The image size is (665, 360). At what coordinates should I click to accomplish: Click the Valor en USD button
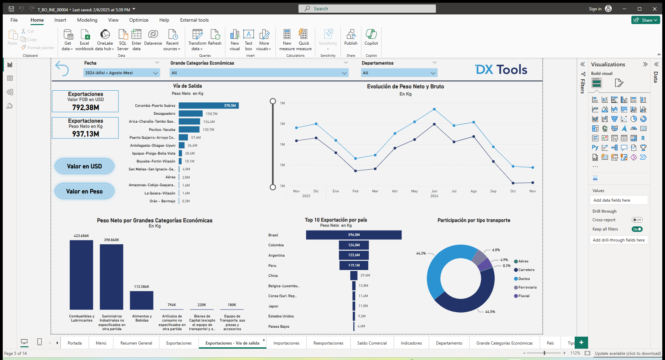[x=84, y=166]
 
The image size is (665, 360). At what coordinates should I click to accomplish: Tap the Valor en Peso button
[x=84, y=191]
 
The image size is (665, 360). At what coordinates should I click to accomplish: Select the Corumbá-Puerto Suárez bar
[x=208, y=105]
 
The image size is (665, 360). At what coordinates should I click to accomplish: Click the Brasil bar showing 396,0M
[x=353, y=235]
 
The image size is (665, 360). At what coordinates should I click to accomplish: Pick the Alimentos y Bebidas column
[x=142, y=300]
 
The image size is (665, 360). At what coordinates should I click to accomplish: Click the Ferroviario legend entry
[x=527, y=287]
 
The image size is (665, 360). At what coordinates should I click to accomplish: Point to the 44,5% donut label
[x=490, y=312]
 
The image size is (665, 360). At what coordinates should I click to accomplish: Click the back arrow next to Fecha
[x=62, y=68]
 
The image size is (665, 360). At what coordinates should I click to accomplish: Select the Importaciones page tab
[x=286, y=343]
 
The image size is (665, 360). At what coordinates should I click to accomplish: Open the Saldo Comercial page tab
[x=372, y=343]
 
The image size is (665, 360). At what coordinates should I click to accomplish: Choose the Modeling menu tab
[x=87, y=20]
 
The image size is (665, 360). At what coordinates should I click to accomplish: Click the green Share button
[x=645, y=20]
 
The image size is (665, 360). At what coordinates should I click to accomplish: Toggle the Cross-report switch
[x=637, y=220]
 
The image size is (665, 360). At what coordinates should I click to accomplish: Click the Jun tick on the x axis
[x=434, y=191]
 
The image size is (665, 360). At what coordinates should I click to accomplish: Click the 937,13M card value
[x=86, y=134]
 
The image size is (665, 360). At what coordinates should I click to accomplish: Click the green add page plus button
[x=581, y=342]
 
